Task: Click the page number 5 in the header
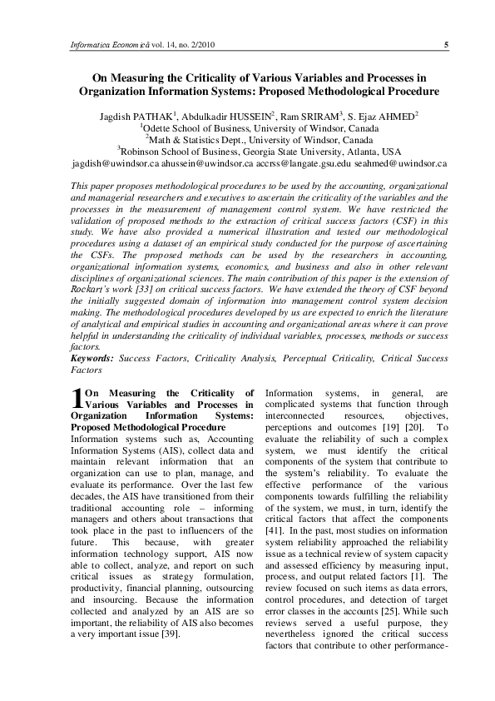pos(447,44)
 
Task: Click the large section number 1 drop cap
pos(77,398)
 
